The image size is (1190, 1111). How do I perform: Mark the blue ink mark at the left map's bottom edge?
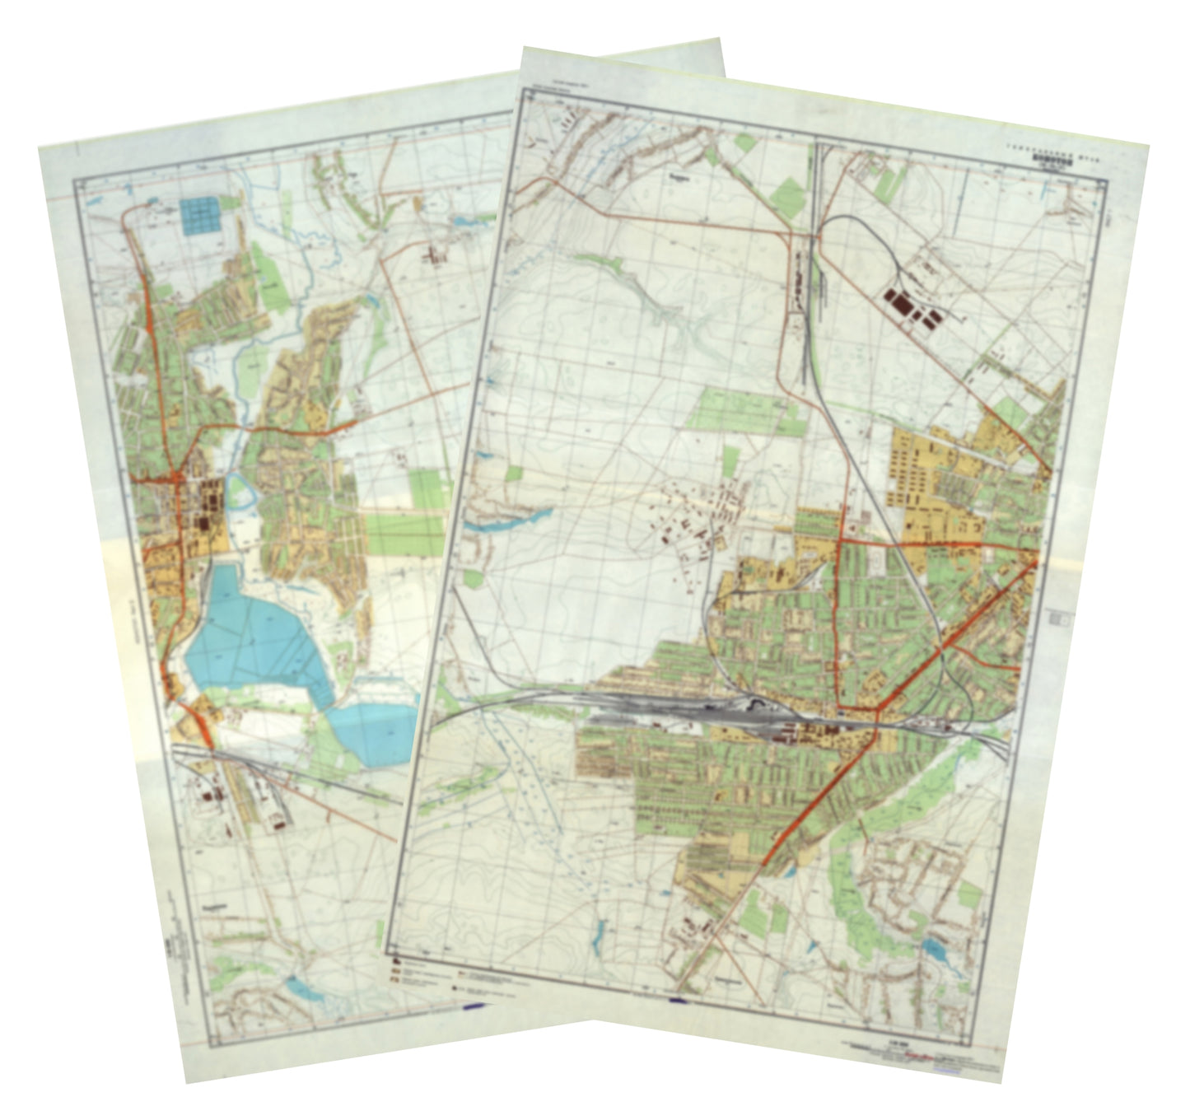[x=475, y=1005]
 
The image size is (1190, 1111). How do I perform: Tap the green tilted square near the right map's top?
[x=787, y=196]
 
